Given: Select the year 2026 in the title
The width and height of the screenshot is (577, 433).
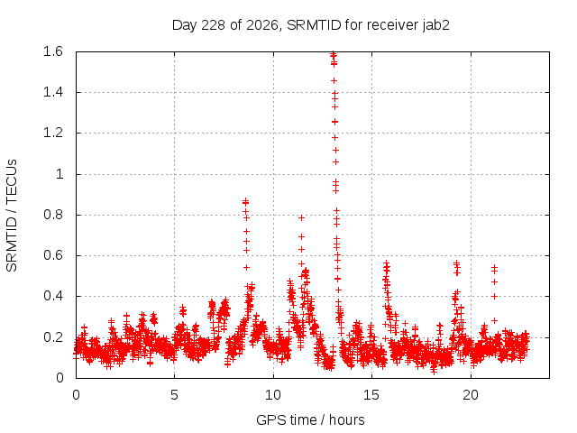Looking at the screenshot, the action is coord(261,25).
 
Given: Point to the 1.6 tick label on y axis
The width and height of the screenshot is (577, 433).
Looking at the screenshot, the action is coord(53,51).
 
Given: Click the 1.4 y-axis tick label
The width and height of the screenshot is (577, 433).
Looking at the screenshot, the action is coord(53,92).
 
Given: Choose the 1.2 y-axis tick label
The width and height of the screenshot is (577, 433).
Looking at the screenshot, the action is coord(53,133).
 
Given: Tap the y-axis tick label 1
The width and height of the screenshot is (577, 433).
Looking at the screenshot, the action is coord(60,174).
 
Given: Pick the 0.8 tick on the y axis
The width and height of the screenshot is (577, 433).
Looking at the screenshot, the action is coord(53,215).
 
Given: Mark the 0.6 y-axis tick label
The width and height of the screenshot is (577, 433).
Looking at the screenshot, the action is coord(53,255).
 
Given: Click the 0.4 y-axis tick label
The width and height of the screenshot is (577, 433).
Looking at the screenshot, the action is coord(53,296).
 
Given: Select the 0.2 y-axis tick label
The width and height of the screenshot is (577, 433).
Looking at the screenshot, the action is coord(53,336).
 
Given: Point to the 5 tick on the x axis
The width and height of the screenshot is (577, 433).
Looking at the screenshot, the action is coord(174,395).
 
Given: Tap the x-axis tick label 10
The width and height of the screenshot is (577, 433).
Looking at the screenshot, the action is coord(273,395).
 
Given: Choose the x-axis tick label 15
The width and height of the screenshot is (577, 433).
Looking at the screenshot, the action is coord(371,395).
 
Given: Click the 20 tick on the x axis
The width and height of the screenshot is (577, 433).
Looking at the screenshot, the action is coord(471,395).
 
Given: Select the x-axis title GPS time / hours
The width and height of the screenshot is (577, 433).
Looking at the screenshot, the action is coord(310,419).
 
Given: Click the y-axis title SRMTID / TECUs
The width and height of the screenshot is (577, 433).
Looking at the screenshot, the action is coord(12,216).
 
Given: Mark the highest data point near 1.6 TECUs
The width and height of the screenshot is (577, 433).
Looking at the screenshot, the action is coord(333,54).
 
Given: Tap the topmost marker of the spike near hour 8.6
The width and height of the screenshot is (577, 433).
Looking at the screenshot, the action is coord(245,201).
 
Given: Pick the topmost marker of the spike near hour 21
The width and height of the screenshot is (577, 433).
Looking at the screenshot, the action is coord(495,267).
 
